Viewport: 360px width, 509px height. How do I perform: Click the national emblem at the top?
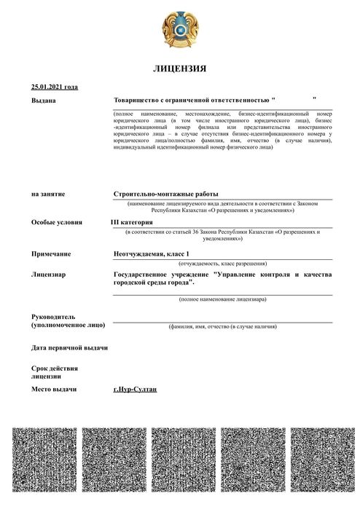[180, 31]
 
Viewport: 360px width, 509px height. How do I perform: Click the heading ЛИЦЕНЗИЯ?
[180, 68]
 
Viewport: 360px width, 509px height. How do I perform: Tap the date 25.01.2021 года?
[55, 87]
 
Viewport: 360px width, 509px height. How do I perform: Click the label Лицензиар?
[49, 275]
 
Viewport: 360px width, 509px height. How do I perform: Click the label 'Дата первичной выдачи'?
[70, 347]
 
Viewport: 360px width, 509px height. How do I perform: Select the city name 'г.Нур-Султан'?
[136, 391]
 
